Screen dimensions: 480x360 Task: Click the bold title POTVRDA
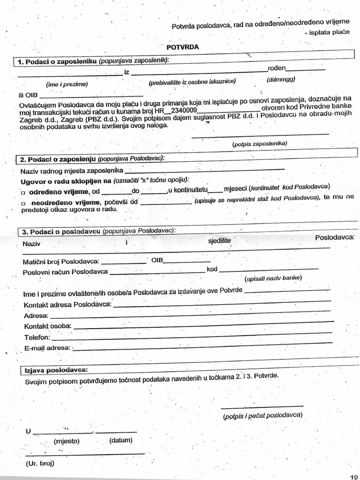point(183,47)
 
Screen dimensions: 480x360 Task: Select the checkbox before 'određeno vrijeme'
point(22,193)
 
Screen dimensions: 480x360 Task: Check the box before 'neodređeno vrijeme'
point(22,203)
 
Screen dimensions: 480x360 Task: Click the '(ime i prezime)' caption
point(67,84)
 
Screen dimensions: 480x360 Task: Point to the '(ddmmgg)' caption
point(281,79)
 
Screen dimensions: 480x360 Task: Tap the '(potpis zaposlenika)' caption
point(260,143)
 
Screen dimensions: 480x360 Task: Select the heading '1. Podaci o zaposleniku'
point(57,61)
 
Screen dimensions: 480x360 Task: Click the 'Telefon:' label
point(37,337)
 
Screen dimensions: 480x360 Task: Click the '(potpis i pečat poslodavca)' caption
point(263,415)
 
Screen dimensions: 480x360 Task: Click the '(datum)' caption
point(120,440)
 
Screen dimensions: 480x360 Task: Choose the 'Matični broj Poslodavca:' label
point(61,262)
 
